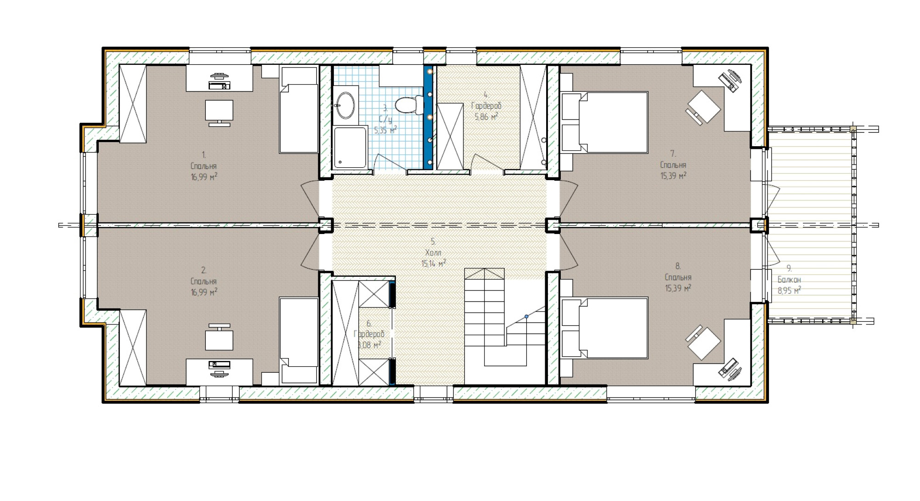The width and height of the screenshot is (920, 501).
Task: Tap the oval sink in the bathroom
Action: [x=345, y=105]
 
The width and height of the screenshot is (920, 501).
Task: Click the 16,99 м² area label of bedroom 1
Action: [x=204, y=176]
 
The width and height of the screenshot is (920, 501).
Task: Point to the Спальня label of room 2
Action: [x=203, y=281]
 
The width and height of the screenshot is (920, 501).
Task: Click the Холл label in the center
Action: [x=433, y=253]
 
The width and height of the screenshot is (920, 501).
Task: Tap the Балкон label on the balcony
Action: [x=789, y=279]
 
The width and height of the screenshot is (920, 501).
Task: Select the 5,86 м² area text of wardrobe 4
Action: [x=486, y=116]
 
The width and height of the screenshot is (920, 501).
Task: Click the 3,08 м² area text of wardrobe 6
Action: [x=369, y=344]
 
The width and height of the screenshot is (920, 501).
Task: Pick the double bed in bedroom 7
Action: [x=604, y=122]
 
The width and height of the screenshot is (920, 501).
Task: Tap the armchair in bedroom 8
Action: [x=703, y=343]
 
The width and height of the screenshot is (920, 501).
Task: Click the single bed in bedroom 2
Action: [x=299, y=341]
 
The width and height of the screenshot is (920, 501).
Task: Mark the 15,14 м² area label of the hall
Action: [x=434, y=263]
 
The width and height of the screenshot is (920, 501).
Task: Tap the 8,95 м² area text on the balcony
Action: [x=790, y=290]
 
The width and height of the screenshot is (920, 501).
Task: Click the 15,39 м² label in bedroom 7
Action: [x=673, y=176]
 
